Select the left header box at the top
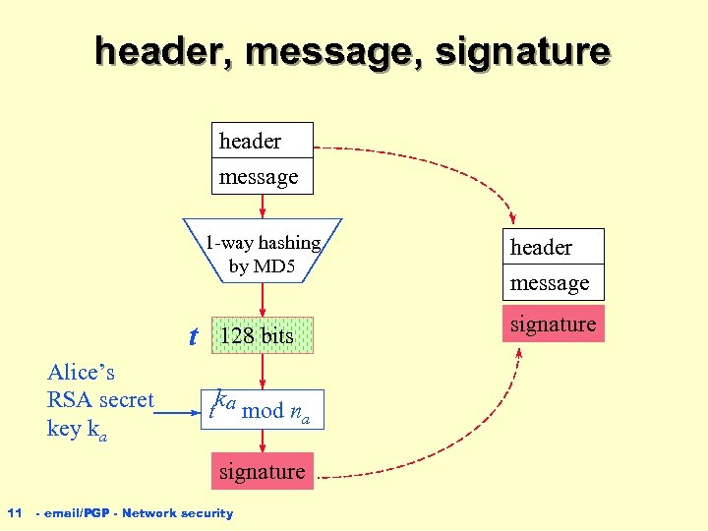coord(262,141)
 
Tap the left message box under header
coord(262,176)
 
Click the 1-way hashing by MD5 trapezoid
coord(263,254)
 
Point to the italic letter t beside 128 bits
coord(194,337)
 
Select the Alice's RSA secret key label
coord(100,399)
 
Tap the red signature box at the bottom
coord(262,471)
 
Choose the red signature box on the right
coord(553,324)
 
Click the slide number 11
coord(15,512)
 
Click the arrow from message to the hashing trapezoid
coord(262,206)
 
